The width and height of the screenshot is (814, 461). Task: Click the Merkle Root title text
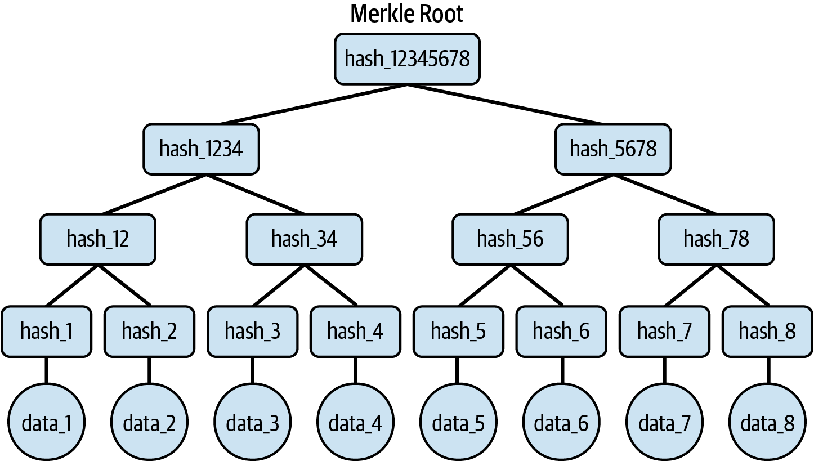point(406,14)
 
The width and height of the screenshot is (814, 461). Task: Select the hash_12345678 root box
point(407,59)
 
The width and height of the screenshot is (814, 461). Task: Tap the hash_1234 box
point(202,149)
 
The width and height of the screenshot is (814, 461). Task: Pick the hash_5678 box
point(613,149)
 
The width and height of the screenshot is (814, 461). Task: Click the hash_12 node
point(98,239)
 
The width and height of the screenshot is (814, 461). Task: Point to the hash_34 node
point(304,239)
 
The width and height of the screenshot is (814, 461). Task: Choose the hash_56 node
point(510,239)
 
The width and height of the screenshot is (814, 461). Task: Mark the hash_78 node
point(716,239)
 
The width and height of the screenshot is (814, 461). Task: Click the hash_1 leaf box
point(46,332)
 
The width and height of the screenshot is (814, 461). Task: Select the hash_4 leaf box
point(355,332)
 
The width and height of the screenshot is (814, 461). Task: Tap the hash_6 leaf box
point(561,332)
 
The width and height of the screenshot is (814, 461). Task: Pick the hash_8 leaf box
point(767,332)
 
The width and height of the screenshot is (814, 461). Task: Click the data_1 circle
point(46,422)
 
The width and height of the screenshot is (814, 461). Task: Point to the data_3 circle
point(252,422)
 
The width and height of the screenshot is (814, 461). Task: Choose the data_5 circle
point(458,422)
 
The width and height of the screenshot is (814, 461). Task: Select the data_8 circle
point(767,422)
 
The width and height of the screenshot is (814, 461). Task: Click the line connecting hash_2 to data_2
point(149,370)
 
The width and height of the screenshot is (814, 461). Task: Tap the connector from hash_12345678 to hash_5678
point(507,104)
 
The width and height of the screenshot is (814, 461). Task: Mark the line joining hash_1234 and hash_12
point(153,194)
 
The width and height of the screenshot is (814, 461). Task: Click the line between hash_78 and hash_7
point(690,285)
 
